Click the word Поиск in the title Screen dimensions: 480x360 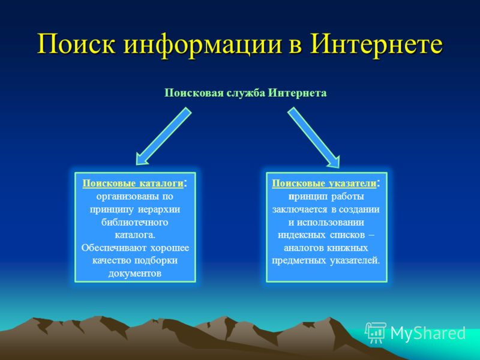(77, 44)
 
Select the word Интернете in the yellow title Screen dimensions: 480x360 (376, 44)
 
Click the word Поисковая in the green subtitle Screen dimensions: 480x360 (194, 93)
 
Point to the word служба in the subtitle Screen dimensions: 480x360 (246, 93)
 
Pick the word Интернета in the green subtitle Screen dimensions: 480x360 (298, 93)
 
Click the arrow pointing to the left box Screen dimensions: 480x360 (164, 136)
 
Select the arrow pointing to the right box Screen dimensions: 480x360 (313, 137)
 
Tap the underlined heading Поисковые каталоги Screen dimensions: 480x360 (133, 184)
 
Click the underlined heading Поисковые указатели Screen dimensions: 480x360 (324, 184)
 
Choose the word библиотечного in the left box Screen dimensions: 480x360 (134, 222)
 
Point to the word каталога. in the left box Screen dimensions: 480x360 (135, 235)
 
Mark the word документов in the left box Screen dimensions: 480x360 (134, 274)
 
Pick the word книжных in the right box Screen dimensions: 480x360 (349, 248)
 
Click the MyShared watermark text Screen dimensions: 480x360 (428, 333)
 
